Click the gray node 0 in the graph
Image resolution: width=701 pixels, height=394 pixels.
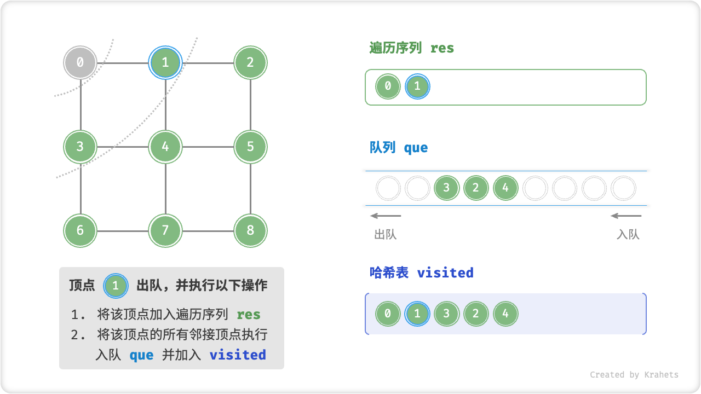(80, 62)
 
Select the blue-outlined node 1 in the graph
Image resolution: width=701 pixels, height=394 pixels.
(165, 62)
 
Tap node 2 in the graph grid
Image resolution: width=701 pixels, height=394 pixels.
(250, 62)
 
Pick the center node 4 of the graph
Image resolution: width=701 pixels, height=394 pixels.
(165, 147)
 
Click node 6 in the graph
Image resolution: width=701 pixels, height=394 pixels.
(80, 230)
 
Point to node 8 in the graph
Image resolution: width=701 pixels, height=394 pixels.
(250, 230)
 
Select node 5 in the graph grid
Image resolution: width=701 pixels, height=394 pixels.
(250, 147)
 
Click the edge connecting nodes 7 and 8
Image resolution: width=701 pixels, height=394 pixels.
(208, 231)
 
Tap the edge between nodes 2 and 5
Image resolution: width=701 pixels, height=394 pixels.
(250, 105)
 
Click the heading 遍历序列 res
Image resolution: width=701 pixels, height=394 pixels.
(412, 48)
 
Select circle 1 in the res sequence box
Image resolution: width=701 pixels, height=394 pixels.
(417, 86)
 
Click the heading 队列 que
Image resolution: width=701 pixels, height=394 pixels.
(399, 148)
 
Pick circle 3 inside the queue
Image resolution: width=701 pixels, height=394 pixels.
(446, 188)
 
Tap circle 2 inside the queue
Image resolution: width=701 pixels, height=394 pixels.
(475, 188)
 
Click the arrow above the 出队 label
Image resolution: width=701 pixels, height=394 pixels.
(386, 216)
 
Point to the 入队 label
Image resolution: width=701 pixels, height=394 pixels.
(628, 235)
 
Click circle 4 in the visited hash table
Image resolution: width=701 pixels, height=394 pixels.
(505, 314)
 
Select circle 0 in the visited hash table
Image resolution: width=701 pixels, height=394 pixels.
(388, 314)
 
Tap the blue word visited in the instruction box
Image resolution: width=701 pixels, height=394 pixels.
(238, 355)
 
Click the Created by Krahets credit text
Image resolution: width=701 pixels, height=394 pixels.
(634, 375)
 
